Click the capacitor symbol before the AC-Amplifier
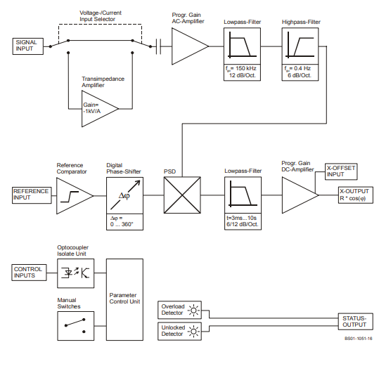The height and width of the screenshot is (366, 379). coord(158,46)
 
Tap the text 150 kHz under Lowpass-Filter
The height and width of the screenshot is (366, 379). coord(246,68)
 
